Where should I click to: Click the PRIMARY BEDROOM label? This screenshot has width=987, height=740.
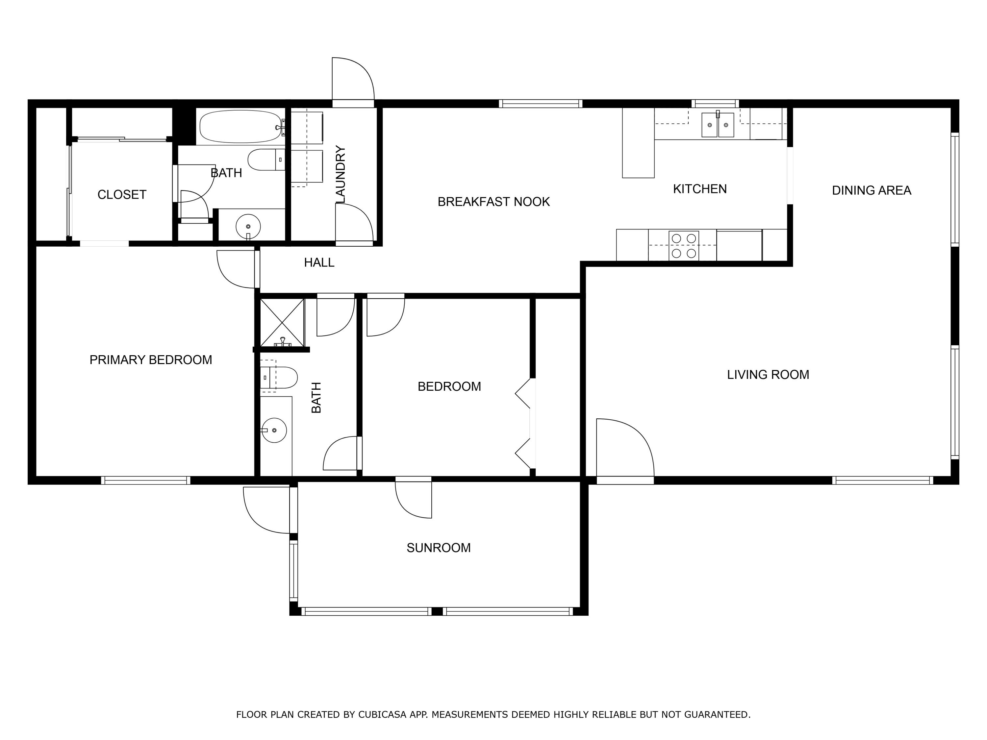tap(151, 360)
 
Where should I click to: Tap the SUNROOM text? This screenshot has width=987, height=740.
tap(438, 548)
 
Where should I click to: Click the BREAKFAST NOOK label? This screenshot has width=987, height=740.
tap(493, 202)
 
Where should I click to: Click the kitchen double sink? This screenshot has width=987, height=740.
tap(718, 125)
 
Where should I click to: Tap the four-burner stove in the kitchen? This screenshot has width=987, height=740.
tap(684, 246)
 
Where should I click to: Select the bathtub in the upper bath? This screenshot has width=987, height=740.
tap(241, 127)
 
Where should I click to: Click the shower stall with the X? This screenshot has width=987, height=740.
tap(282, 323)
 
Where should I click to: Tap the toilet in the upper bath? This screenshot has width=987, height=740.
tap(266, 160)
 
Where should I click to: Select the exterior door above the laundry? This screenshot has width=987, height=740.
tap(352, 80)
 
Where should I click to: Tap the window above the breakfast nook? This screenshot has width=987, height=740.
tap(540, 104)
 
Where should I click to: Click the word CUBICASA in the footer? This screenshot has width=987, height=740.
tap(382, 715)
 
